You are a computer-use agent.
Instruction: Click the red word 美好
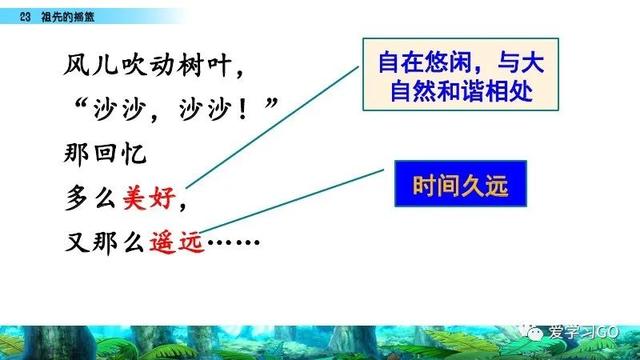[152, 197]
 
